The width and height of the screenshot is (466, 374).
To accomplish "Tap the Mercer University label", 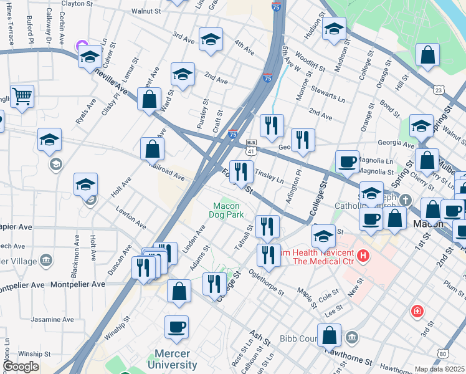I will click(172, 360).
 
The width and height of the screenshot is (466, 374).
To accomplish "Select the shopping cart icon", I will click(22, 97).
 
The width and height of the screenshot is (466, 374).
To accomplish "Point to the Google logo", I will click(21, 367).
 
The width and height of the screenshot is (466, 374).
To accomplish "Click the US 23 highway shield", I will click(439, 90).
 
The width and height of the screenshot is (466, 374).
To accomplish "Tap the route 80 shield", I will click(442, 354).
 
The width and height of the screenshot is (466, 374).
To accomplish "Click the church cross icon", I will click(406, 201).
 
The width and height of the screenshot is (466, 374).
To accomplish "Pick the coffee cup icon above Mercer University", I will click(176, 327).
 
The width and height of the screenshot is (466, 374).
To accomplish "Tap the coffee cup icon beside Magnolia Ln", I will click(347, 161).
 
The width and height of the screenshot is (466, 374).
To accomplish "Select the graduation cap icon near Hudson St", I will click(334, 29).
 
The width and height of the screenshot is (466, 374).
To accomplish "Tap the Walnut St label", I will click(146, 11).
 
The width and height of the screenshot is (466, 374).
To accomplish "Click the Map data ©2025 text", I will click(440, 369).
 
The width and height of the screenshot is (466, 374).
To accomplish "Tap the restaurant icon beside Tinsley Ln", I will click(241, 171).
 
